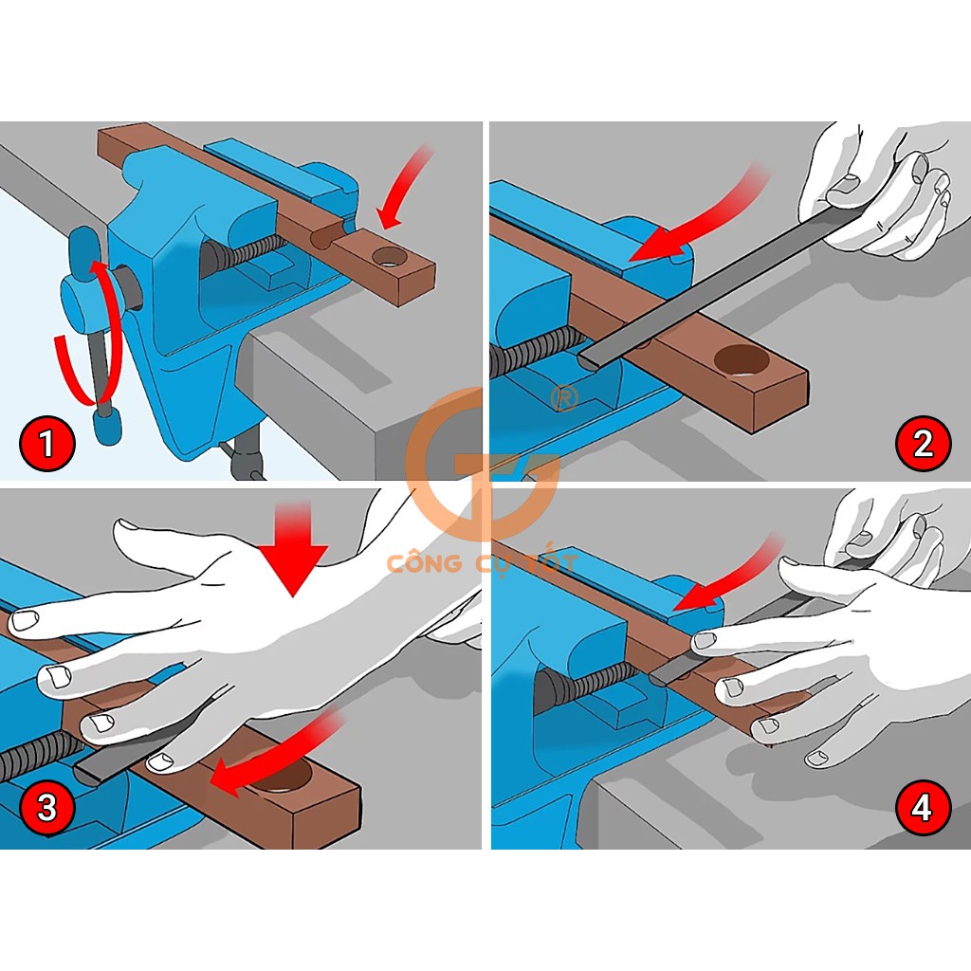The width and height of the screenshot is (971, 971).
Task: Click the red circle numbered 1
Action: point(47,444)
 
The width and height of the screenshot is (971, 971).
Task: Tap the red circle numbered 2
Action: point(923,444)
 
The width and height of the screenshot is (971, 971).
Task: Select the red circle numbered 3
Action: point(47,808)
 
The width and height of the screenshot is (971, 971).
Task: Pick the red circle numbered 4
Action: point(923,808)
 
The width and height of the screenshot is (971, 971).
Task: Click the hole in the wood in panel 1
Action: point(390,256)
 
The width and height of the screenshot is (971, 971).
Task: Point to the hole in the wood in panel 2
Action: point(742,359)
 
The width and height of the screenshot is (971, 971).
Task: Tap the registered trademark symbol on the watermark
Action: point(564,399)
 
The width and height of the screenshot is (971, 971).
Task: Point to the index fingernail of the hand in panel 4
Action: point(705,641)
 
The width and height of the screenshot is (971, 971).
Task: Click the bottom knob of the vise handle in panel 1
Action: point(108,428)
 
